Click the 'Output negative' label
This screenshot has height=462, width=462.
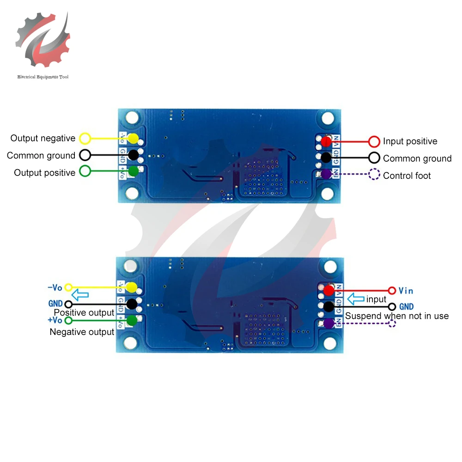43,138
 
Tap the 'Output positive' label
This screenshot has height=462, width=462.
44,173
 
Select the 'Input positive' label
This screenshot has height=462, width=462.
410,141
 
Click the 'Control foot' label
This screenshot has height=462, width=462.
407,176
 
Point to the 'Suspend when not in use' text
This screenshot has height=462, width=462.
397,316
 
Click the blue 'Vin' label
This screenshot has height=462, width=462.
406,291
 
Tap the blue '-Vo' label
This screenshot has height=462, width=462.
55,287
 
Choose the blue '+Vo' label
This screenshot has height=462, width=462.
55,320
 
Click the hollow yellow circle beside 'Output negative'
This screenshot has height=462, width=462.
85,138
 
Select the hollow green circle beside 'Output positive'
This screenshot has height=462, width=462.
85,171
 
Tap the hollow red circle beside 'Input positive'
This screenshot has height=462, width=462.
374,141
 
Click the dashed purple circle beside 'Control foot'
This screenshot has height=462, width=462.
374,175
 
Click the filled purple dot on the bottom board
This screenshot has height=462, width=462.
328,323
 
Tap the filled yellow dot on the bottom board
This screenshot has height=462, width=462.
131,287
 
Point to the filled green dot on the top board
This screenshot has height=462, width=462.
134,171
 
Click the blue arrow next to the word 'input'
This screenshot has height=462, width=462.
356,299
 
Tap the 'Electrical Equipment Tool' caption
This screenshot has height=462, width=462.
43,77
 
